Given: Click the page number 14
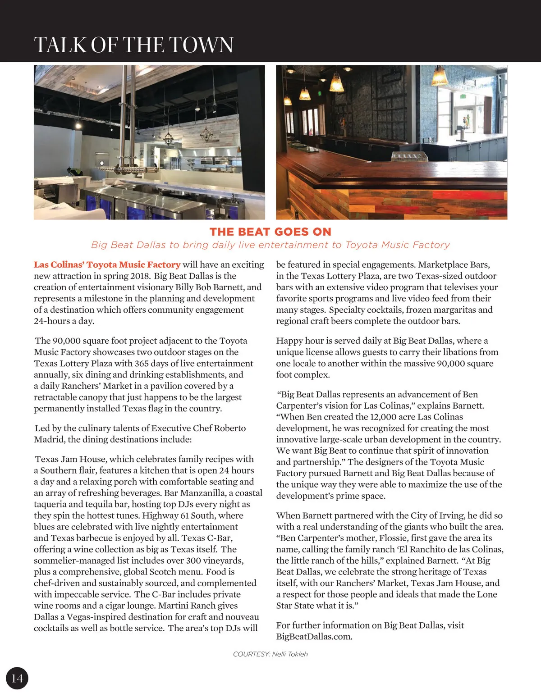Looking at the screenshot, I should click(17, 678).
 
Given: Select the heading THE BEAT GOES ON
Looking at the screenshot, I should click(270, 232).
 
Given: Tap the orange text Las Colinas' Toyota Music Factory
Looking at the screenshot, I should click(107, 264).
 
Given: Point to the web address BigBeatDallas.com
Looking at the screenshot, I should click(314, 636).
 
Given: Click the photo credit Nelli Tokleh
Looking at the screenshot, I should click(290, 654).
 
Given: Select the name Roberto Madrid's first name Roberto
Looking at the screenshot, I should click(229, 428).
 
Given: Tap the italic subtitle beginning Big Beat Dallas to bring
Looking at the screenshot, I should click(270, 245).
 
